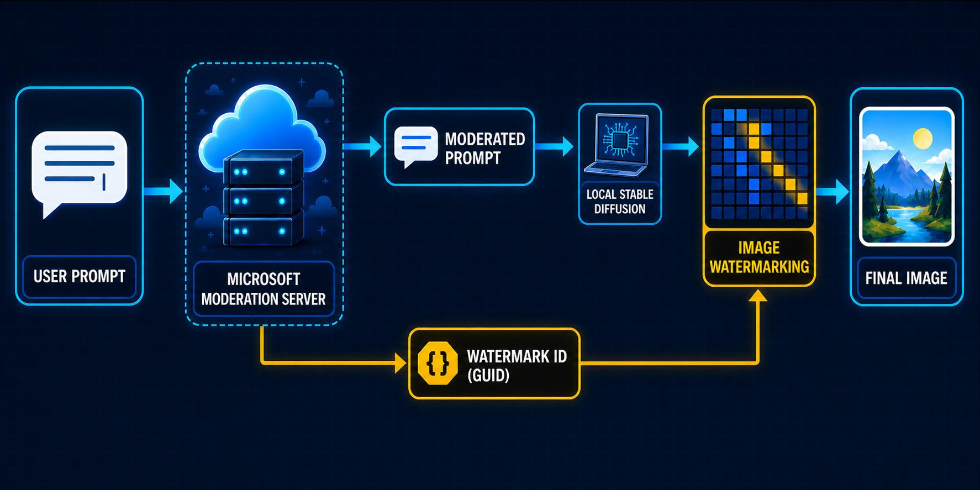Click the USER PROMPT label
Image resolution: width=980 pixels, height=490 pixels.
coord(80,276)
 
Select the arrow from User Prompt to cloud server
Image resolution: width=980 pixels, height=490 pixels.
coord(164,191)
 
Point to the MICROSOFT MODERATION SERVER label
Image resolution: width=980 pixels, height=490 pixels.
coord(264,289)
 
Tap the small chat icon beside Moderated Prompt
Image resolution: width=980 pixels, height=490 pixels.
coord(416,146)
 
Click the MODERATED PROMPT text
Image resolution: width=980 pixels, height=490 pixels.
coord(485,148)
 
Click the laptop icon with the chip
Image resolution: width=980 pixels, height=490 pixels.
coord(619,145)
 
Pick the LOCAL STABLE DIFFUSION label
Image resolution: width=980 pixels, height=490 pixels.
coord(620,202)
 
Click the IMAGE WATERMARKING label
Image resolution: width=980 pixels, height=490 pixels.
coord(759,257)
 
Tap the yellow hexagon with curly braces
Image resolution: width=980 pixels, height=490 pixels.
coord(438,363)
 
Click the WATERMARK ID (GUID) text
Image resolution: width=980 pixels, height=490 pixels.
coord(517,366)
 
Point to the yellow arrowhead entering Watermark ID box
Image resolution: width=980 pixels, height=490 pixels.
coord(402,363)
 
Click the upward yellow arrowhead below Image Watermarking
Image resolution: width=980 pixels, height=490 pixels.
coord(758,296)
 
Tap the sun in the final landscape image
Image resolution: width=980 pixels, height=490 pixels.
coord(923,138)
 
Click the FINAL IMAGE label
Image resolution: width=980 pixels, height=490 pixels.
coord(906,278)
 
